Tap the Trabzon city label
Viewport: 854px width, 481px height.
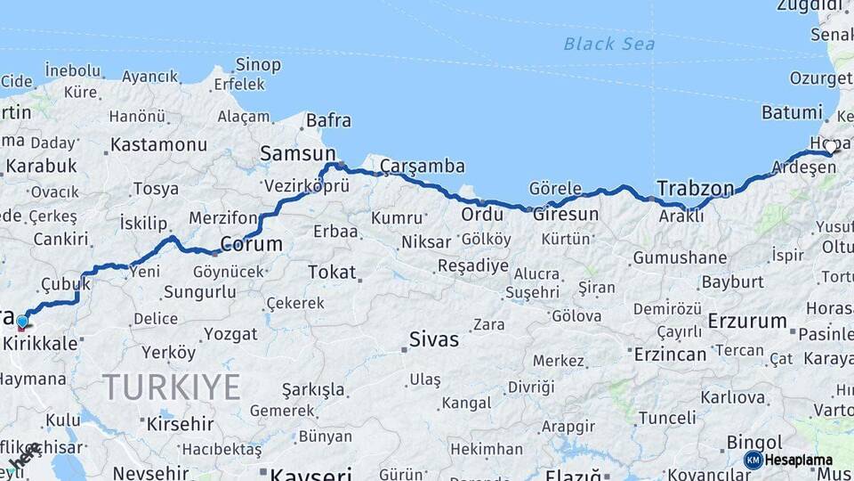coord(695,188)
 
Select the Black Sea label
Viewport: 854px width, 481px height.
coord(609,44)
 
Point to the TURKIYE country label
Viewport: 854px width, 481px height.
coord(171,387)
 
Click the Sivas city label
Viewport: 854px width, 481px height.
coord(434,339)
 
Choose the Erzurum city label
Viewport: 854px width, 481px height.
coord(747,321)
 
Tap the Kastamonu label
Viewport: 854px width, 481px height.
coord(158,143)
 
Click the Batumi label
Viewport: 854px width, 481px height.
coord(792,112)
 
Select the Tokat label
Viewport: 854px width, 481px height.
coord(332,273)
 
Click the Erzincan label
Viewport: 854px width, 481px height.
coord(670,355)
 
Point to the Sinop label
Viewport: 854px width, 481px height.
coord(258,65)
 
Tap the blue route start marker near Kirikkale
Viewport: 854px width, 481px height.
coord(22,322)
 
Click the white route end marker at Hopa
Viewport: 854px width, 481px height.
coord(831,147)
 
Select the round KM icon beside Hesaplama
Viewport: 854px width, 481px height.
coord(753,460)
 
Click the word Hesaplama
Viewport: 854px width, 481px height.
coord(800,460)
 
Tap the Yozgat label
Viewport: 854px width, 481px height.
coord(230,334)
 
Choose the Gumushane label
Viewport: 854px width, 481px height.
coord(680,258)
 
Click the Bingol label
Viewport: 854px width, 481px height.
coord(754,442)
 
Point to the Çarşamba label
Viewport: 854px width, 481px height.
coord(423,167)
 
